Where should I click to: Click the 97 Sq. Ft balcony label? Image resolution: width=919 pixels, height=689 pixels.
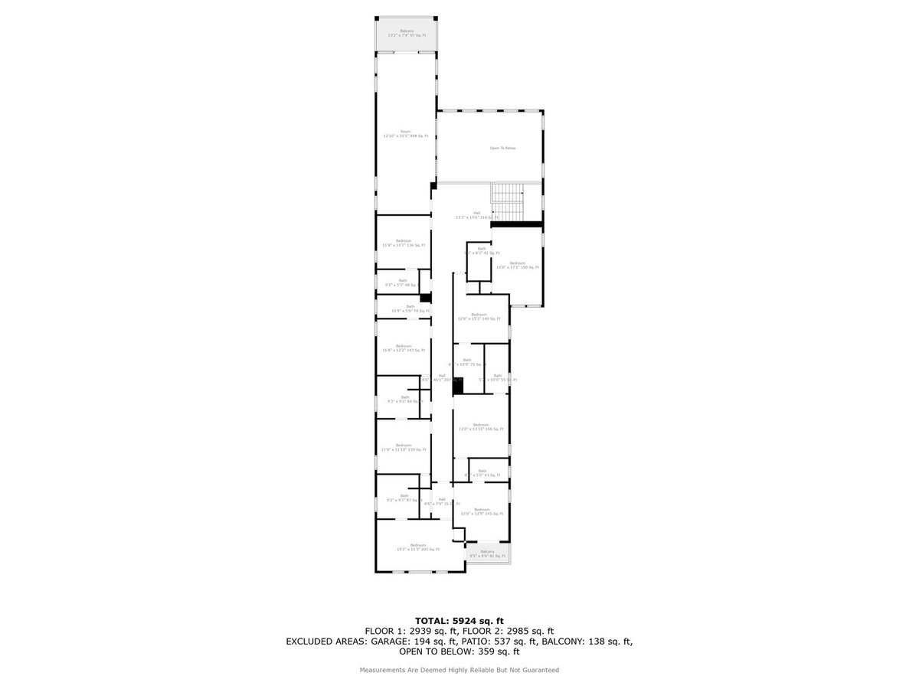(406, 34)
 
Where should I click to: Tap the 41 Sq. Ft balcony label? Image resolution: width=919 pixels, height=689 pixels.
(487, 553)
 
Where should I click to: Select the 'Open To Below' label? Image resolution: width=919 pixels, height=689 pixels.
(503, 148)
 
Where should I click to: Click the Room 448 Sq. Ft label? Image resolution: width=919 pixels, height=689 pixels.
(405, 134)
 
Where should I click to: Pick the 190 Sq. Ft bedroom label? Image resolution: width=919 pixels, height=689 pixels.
(518, 265)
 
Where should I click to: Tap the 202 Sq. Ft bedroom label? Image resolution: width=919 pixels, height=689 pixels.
(417, 547)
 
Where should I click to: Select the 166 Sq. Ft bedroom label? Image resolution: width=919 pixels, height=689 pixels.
(480, 427)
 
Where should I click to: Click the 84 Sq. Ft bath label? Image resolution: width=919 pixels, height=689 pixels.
(404, 399)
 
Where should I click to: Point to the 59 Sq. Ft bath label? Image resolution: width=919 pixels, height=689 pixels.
(410, 309)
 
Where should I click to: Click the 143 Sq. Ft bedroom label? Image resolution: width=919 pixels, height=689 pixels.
(404, 348)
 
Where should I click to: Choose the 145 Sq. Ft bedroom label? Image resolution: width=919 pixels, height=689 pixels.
(481, 511)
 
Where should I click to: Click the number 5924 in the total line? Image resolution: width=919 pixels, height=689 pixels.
(468, 620)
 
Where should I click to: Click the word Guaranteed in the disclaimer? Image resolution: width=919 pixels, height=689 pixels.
(541, 670)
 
